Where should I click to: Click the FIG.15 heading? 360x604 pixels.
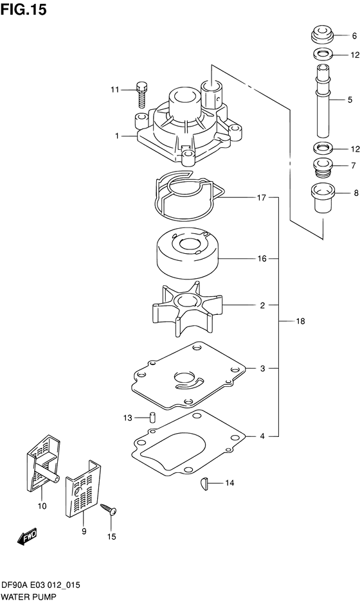pyautogui.click(x=24, y=9)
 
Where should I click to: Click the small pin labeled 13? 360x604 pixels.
pyautogui.click(x=152, y=417)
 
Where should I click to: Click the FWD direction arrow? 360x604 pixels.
pyautogui.click(x=27, y=536)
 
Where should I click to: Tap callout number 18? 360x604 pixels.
pyautogui.click(x=300, y=321)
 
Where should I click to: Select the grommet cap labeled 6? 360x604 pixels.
pyautogui.click(x=322, y=35)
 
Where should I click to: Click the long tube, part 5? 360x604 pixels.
pyautogui.click(x=323, y=100)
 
